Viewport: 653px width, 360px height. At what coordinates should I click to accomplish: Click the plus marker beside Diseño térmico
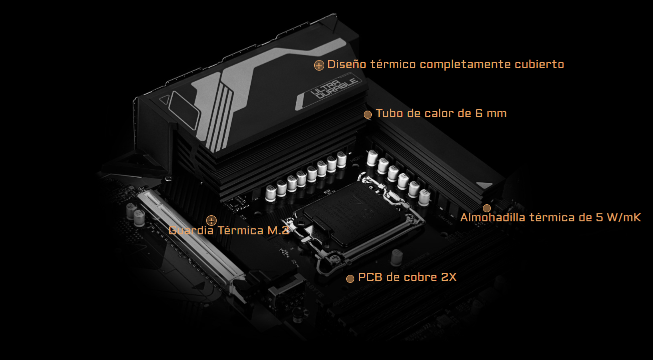pos(319,66)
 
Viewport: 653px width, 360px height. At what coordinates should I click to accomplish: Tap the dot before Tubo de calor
pos(368,115)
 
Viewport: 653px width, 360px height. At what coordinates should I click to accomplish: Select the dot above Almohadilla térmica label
pos(486,208)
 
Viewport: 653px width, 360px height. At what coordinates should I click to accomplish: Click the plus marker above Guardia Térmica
pos(211,220)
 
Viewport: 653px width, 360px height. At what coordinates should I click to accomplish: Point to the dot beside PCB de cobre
pos(350,278)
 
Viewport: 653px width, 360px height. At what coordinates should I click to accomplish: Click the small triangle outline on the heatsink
pos(165,99)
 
